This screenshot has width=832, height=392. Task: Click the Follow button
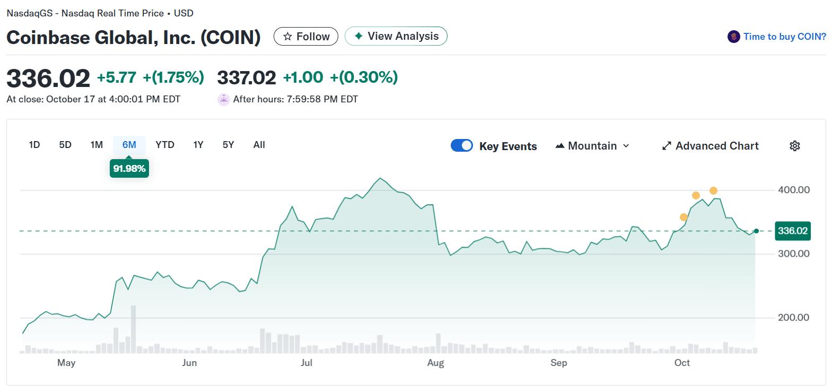click(306, 36)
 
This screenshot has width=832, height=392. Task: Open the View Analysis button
click(396, 36)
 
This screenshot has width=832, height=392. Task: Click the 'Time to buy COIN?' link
click(777, 37)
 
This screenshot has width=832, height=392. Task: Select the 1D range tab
click(34, 145)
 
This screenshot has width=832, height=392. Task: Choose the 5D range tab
click(65, 145)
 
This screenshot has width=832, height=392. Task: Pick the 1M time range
click(97, 145)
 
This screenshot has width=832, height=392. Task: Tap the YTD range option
click(165, 145)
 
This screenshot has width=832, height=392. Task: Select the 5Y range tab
click(228, 145)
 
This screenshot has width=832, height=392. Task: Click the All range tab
click(259, 145)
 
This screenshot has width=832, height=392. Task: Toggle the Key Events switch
click(462, 146)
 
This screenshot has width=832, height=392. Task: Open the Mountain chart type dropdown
click(592, 146)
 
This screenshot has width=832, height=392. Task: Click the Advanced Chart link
click(711, 146)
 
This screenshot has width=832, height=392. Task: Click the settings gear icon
click(794, 146)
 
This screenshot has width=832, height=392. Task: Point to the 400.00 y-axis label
click(793, 190)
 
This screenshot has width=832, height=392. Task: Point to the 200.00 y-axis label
click(793, 318)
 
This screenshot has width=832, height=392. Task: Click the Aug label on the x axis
click(435, 363)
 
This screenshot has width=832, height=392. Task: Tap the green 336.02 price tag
click(792, 231)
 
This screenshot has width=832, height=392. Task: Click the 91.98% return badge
click(129, 169)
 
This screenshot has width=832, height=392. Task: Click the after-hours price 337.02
click(247, 77)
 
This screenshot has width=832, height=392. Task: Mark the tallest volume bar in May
click(133, 329)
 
